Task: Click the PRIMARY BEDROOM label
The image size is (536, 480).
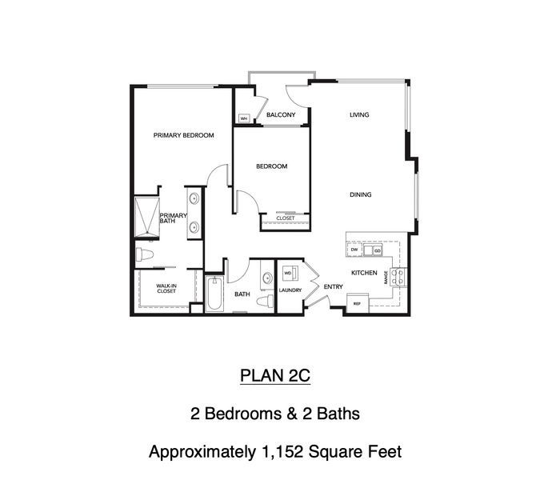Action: point(184,136)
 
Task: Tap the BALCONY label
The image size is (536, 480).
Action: point(281,115)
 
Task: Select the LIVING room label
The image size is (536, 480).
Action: point(359,115)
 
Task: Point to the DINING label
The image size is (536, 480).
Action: point(359,194)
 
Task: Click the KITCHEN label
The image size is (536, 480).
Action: point(364,274)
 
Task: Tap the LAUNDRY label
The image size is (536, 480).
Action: point(290,290)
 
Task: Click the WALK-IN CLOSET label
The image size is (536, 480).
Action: point(166,288)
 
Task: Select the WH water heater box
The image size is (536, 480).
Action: point(244,118)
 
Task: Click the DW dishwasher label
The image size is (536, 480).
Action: point(354,251)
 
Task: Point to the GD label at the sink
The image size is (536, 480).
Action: point(378,251)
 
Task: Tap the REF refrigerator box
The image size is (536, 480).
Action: point(357,304)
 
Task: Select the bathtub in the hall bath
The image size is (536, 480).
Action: point(214,295)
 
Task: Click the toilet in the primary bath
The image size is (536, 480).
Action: point(145,256)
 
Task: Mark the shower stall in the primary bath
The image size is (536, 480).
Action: point(146,217)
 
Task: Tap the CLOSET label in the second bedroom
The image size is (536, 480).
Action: point(285,218)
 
